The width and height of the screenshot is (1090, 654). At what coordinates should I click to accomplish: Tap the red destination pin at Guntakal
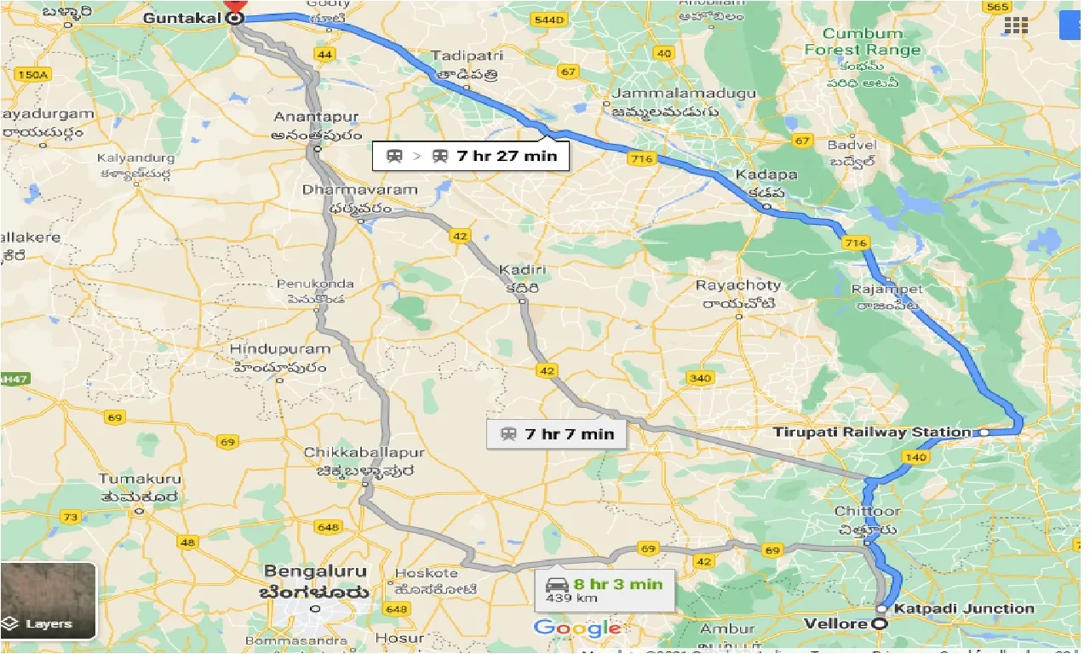point(234,7)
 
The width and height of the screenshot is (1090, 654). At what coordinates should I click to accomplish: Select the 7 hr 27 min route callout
point(471,156)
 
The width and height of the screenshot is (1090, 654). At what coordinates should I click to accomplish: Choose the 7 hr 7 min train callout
point(557,433)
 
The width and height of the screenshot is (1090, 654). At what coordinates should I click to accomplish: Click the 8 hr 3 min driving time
point(617,584)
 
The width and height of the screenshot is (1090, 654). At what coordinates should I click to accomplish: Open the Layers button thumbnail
point(49,600)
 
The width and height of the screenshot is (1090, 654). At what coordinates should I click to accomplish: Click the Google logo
point(577,628)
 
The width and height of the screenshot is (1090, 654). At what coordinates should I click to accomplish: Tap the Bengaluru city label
point(315,571)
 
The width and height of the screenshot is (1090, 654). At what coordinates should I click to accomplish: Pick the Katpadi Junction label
point(963,608)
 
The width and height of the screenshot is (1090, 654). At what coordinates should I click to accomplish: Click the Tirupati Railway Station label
point(871,432)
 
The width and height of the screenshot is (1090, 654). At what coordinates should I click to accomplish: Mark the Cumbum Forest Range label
point(863,42)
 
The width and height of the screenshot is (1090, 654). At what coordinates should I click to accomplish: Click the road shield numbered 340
point(699,378)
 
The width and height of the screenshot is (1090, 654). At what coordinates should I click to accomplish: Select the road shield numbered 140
point(916,457)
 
